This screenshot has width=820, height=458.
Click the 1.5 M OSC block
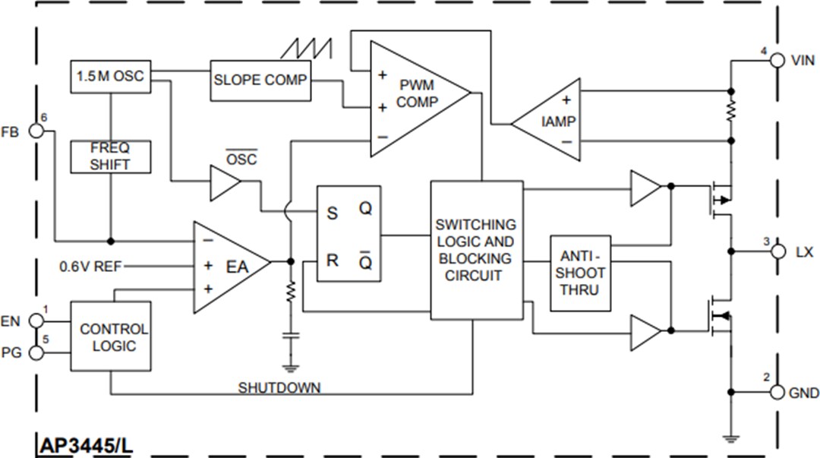(x=110, y=76)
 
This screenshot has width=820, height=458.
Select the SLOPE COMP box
(x=260, y=80)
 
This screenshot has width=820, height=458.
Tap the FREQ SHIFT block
(x=111, y=156)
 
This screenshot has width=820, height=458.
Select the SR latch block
(x=348, y=234)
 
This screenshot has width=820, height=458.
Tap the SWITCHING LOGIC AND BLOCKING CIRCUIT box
(x=476, y=250)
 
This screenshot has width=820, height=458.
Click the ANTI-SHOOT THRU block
(x=581, y=273)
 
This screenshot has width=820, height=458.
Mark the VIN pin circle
(x=777, y=61)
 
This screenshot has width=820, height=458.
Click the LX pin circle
(x=777, y=251)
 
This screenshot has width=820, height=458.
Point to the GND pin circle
(x=777, y=392)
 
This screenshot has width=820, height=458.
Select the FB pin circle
(x=36, y=131)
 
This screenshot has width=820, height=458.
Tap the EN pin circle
(x=36, y=321)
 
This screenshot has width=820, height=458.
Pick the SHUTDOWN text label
(x=279, y=388)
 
